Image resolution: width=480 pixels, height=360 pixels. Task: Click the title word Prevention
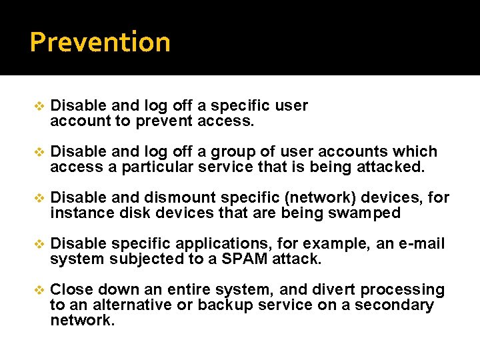point(100,42)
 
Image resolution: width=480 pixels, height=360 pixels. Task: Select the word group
point(243,151)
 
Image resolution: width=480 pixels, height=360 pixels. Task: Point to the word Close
point(71,289)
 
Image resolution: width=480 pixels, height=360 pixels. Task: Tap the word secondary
point(399,305)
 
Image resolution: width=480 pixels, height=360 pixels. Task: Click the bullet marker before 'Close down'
point(38,289)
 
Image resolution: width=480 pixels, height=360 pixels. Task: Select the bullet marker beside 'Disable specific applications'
point(38,243)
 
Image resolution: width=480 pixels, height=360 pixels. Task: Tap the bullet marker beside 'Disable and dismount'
point(38,197)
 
